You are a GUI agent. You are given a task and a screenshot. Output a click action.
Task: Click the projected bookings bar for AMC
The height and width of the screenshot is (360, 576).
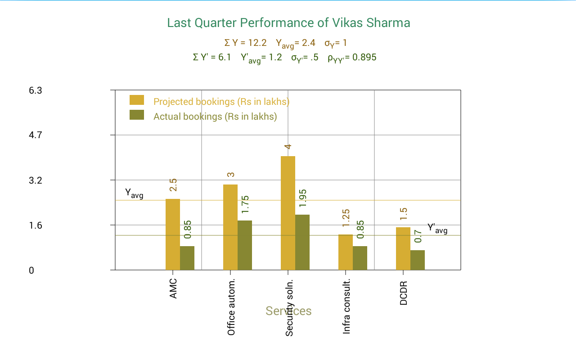pyautogui.click(x=173, y=234)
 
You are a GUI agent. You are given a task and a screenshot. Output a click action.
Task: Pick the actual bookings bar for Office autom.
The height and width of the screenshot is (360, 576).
pyautogui.click(x=245, y=245)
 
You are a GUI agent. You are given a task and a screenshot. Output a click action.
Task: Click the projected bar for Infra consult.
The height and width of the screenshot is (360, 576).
pyautogui.click(x=346, y=252)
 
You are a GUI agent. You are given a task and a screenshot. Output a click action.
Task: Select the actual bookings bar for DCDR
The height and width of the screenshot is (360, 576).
pyautogui.click(x=418, y=260)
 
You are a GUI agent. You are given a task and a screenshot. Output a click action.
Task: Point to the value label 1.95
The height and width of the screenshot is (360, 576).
pyautogui.click(x=303, y=198)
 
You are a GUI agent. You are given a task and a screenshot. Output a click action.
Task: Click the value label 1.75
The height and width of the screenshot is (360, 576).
pyautogui.click(x=245, y=204)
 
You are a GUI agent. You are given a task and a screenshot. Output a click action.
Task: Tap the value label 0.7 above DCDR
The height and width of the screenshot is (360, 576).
pyautogui.click(x=418, y=236)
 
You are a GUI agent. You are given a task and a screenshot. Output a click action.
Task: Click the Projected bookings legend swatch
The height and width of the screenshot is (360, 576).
pyautogui.click(x=137, y=100)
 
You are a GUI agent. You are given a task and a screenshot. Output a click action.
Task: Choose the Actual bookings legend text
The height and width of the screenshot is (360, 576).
pyautogui.click(x=215, y=117)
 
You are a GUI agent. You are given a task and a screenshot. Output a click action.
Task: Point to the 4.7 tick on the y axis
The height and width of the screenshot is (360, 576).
pyautogui.click(x=36, y=135)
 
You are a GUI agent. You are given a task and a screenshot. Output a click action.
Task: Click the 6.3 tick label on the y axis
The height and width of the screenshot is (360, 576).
pyautogui.click(x=36, y=90)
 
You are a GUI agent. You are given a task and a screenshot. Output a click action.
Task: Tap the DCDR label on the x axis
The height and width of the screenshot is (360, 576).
pyautogui.click(x=404, y=293)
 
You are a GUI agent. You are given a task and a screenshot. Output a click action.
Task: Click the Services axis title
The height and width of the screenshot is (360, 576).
pyautogui.click(x=288, y=311)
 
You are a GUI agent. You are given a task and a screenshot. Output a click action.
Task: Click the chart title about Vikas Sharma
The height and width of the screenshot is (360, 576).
pyautogui.click(x=288, y=23)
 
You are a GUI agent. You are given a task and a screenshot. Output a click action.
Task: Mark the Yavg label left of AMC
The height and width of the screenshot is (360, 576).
pyautogui.click(x=134, y=193)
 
